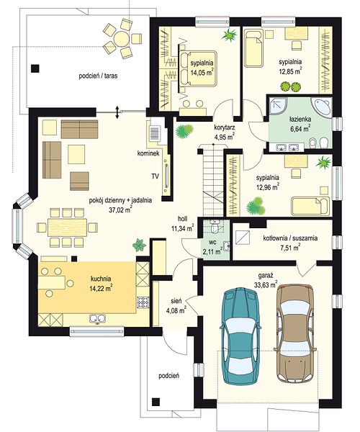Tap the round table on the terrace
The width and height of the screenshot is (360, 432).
pyautogui.click(x=122, y=39)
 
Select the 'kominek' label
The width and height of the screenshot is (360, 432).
pyautogui.click(x=148, y=154)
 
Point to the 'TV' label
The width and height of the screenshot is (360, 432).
pyautogui.click(x=155, y=176)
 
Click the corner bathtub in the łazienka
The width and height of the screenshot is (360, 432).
pyautogui.click(x=321, y=107)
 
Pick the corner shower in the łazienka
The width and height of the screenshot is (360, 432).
pyautogui.click(x=278, y=105)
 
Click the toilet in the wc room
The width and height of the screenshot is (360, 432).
pyautogui.click(x=214, y=227)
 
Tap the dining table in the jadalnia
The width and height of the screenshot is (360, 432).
pyautogui.click(x=67, y=228)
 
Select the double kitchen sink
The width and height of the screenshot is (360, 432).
pyautogui.click(x=97, y=319)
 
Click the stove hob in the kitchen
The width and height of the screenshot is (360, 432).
pyautogui.click(x=143, y=302)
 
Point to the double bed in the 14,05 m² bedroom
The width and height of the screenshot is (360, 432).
pyautogui.click(x=197, y=68)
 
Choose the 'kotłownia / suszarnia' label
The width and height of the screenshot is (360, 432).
pyautogui.click(x=290, y=238)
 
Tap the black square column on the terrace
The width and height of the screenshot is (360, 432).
pyautogui.click(x=35, y=68)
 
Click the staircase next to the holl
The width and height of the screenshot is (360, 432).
pyautogui.click(x=213, y=181)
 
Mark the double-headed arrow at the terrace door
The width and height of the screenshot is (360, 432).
pyautogui.click(x=117, y=112)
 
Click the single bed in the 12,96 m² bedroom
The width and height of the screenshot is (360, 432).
pyautogui.click(x=310, y=206)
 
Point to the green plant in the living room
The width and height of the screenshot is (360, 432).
pyautogui.click(x=139, y=245)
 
